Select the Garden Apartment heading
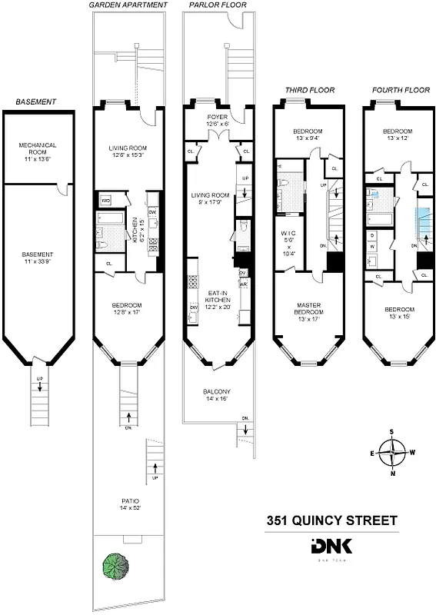click(128, 5)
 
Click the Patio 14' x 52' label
click(128, 504)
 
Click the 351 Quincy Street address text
click(332, 520)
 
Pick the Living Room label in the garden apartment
click(128, 152)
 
